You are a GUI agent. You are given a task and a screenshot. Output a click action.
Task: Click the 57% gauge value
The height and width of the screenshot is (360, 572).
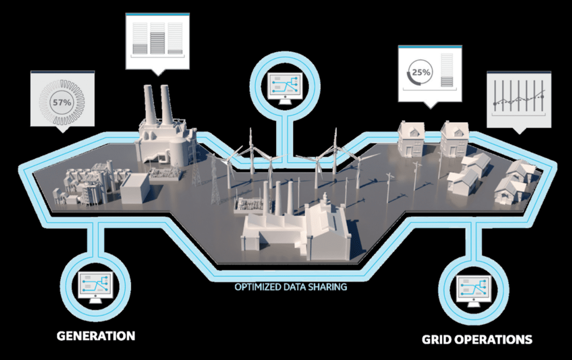pyautogui.click(x=62, y=103)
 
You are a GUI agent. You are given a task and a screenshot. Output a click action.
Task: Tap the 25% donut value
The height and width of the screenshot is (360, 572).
pyautogui.click(x=420, y=72)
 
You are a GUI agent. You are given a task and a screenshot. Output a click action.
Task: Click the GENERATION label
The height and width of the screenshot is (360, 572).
pyautogui.click(x=96, y=336)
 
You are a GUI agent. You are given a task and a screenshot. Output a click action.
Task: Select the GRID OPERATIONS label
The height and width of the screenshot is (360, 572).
pyautogui.click(x=477, y=340)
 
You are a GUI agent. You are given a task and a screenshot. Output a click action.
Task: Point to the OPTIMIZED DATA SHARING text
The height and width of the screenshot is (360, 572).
pyautogui.click(x=291, y=288)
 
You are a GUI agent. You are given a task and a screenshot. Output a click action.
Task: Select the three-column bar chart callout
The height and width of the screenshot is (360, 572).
pyautogui.click(x=157, y=41)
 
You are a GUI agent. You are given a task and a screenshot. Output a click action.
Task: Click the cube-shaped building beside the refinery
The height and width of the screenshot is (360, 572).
pyautogui.click(x=135, y=187)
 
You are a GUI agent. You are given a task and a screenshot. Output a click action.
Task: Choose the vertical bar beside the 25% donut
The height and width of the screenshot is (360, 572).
pyautogui.click(x=446, y=70)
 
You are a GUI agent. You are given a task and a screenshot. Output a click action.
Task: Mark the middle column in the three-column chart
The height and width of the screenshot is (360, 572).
pyautogui.click(x=157, y=38)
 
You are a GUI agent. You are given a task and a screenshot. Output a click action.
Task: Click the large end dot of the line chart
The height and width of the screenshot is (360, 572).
pyautogui.click(x=543, y=97)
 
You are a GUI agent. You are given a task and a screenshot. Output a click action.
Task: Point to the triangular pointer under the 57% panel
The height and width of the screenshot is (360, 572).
pyautogui.click(x=63, y=129)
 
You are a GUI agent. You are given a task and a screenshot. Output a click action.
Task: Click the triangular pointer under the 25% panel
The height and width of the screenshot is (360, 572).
pyautogui.click(x=429, y=105)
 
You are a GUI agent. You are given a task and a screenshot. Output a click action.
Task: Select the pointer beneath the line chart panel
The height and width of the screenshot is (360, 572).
pyautogui.click(x=519, y=131)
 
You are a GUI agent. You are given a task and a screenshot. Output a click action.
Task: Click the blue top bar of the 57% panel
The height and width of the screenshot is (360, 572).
pyautogui.click(x=62, y=72)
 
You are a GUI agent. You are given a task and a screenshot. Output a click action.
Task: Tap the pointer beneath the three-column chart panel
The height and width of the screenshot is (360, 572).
pyautogui.click(x=158, y=72)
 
